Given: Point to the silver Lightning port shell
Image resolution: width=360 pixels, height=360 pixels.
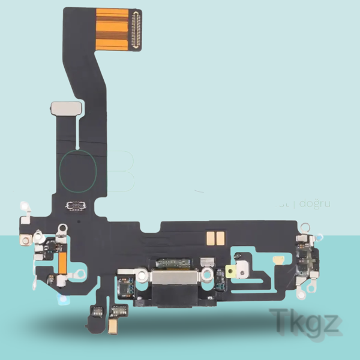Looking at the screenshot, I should click(x=170, y=279).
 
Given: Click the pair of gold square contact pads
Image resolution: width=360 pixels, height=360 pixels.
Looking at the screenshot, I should click(x=215, y=238).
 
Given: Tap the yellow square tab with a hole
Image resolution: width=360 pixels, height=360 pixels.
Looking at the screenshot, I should click(x=229, y=271).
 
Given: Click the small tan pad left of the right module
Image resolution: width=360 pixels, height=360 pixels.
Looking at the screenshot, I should click(x=279, y=260).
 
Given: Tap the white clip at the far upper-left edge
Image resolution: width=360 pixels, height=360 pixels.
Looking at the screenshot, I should click(x=25, y=206).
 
